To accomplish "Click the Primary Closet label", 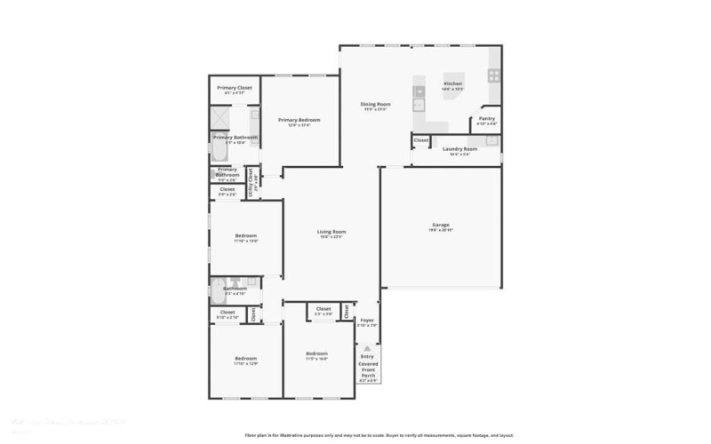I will (x=234, y=88).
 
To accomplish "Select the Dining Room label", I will (x=374, y=105).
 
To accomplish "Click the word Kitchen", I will (x=452, y=84).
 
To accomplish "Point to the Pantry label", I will (x=486, y=118).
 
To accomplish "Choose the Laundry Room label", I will (x=459, y=148).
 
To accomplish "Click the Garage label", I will (x=442, y=226).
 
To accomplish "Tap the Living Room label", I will (x=331, y=233).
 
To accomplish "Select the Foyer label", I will (x=367, y=321).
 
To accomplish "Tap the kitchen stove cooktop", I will (x=493, y=76).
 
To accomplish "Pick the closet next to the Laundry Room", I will (x=420, y=140).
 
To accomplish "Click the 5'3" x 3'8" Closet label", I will (x=323, y=311).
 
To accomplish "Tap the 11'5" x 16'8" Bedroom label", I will (x=317, y=355).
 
